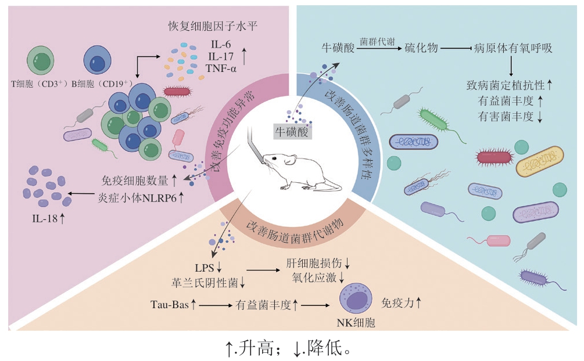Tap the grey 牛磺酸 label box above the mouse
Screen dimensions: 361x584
[293, 133]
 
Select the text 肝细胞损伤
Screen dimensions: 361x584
[312, 262]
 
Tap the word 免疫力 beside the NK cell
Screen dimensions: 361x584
[396, 302]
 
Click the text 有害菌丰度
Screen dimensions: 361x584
[505, 116]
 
